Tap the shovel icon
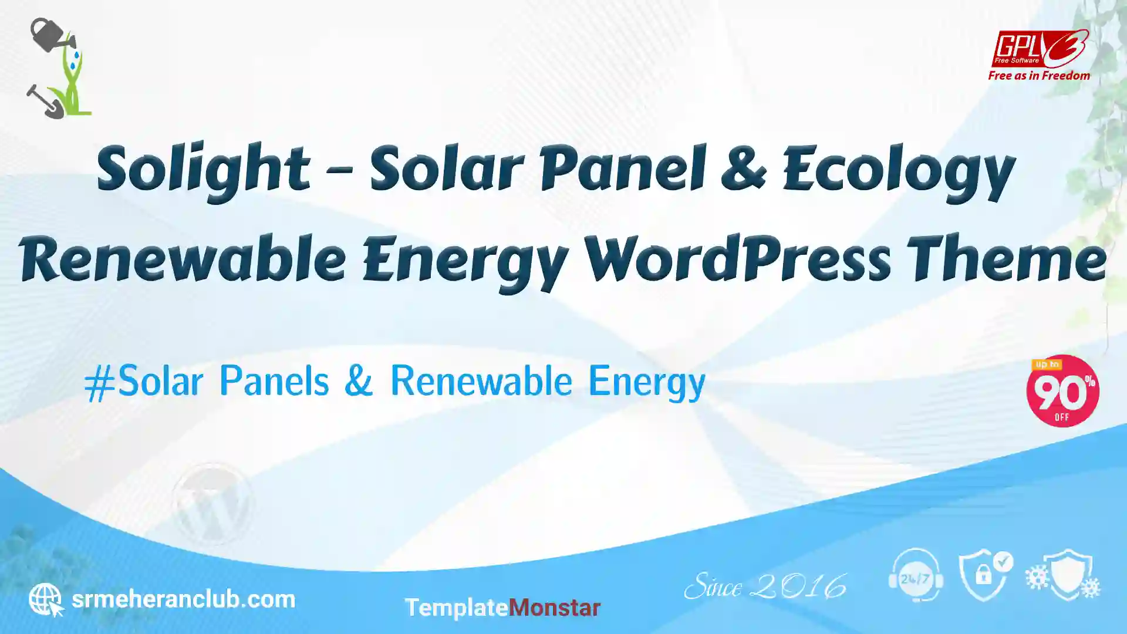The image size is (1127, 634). [45, 102]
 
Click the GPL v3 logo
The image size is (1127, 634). [1040, 49]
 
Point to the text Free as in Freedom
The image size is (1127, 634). [1039, 76]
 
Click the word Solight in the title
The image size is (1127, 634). [203, 170]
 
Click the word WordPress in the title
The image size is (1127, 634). [737, 258]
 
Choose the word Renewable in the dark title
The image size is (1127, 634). [182, 258]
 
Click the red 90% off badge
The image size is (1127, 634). [1062, 391]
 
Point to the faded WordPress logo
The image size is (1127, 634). [212, 503]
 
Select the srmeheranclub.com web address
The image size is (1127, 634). [183, 599]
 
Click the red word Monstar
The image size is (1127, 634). [554, 608]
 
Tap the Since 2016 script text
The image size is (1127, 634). [765, 586]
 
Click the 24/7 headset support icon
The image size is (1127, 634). [916, 575]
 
